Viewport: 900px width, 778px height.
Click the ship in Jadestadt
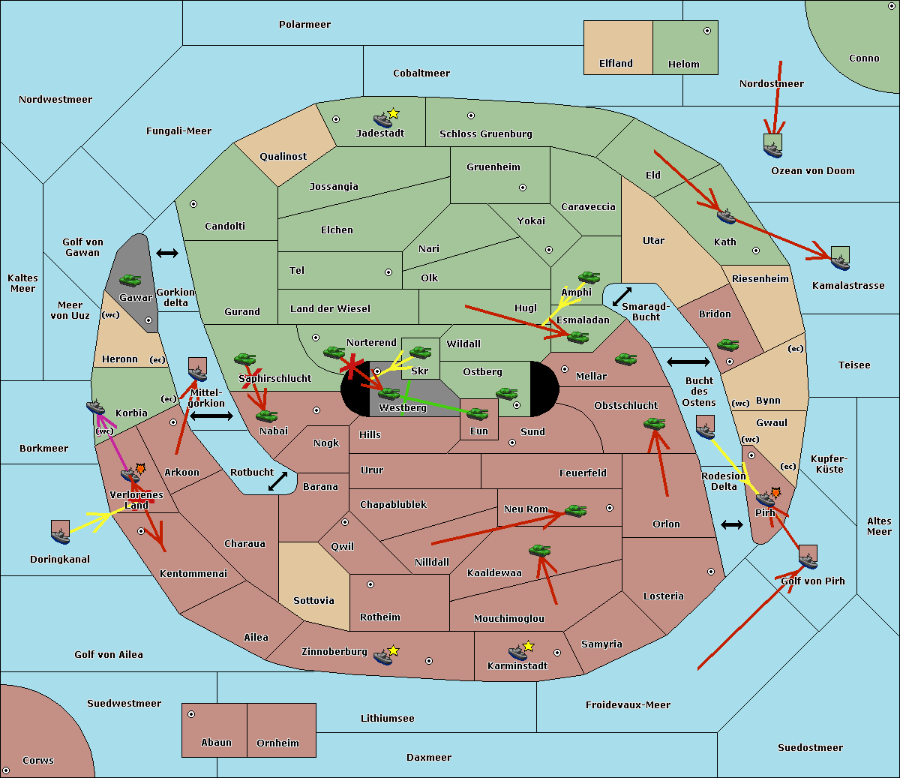point(382,120)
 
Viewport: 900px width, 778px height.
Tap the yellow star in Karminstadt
point(528,645)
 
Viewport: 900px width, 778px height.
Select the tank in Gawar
point(130,280)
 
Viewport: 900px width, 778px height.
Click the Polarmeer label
point(304,25)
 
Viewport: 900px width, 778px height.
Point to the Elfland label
point(616,64)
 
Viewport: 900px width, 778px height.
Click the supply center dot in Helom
point(707,31)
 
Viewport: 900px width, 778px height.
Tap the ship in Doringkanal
point(60,536)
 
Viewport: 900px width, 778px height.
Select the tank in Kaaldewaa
point(539,550)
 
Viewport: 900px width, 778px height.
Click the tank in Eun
point(477,414)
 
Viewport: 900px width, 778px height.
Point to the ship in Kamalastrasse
point(840,263)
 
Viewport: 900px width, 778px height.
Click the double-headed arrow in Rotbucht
point(277,481)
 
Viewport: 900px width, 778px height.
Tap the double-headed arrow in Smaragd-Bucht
point(622,296)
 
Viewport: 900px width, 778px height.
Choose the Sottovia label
point(313,601)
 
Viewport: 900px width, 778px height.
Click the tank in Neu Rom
point(575,510)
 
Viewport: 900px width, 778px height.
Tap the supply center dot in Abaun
point(191,714)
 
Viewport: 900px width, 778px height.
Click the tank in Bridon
point(727,345)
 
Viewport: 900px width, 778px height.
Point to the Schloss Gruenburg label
point(486,134)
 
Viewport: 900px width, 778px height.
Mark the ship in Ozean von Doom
point(772,149)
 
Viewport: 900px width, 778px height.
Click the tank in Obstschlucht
point(655,423)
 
